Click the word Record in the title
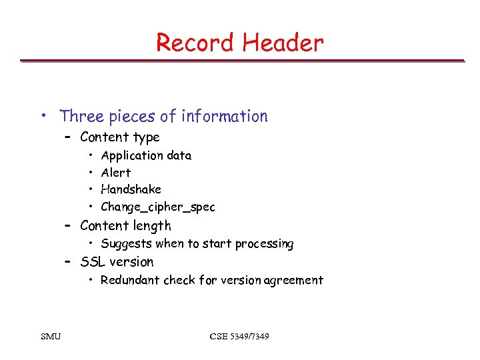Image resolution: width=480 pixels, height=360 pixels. pyautogui.click(x=196, y=43)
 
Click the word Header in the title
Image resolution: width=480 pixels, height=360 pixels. pyautogui.click(x=283, y=43)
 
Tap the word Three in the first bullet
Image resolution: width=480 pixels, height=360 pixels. pyautogui.click(x=82, y=116)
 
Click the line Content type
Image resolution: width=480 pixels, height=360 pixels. pyautogui.click(x=119, y=137)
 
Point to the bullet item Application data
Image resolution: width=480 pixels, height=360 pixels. pyautogui.click(x=146, y=155)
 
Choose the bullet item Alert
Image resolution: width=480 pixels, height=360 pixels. pyautogui.click(x=115, y=173)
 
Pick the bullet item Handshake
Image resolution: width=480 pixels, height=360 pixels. pyautogui.click(x=131, y=189)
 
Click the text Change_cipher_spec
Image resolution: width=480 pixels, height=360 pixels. pyautogui.click(x=158, y=207)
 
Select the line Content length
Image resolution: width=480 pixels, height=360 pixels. pyautogui.click(x=125, y=226)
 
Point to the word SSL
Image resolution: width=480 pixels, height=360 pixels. pyautogui.click(x=93, y=262)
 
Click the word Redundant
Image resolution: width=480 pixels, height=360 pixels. pyautogui.click(x=130, y=280)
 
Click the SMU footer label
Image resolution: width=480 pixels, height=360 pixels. pyautogui.click(x=51, y=336)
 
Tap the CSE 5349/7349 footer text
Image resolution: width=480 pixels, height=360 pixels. pyautogui.click(x=239, y=336)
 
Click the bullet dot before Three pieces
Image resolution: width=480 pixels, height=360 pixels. pyautogui.click(x=43, y=116)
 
